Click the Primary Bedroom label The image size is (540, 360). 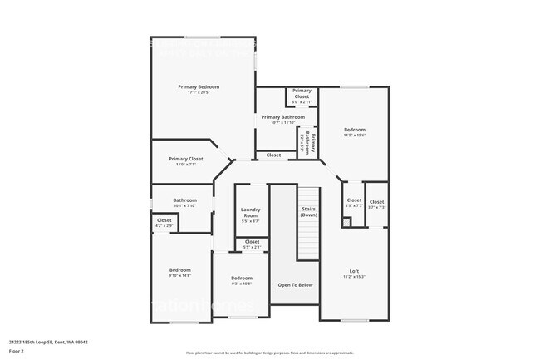[198, 86]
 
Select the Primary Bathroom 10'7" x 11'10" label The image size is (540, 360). [282, 117]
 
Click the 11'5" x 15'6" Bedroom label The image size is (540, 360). [355, 130]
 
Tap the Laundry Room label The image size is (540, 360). [250, 213]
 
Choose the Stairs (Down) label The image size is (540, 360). [308, 212]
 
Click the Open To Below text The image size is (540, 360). [295, 285]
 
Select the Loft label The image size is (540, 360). [354, 271]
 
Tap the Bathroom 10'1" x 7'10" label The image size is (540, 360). [184, 200]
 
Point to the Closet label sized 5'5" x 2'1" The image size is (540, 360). [252, 242]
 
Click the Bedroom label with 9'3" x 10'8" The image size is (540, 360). [242, 278]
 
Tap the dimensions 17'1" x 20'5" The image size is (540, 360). [198, 92]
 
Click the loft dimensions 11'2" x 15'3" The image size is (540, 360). [354, 277]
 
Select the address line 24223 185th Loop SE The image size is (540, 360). [48, 342]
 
